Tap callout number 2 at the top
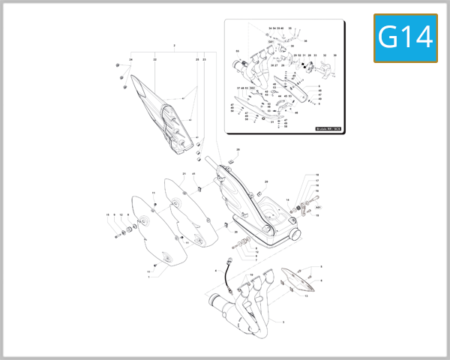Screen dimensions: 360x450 pyautogui.click(x=174, y=46)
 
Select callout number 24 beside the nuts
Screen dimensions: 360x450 pyautogui.click(x=130, y=59)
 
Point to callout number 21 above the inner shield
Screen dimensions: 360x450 pyautogui.click(x=184, y=174)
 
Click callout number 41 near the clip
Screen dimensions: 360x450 pyautogui.click(x=193, y=174)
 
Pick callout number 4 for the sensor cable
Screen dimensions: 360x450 pyautogui.click(x=215, y=269)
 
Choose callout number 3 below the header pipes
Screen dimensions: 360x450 pyautogui.click(x=283, y=322)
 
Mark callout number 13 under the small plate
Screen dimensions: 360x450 pyautogui.click(x=306, y=296)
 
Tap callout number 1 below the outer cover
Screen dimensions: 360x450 pyautogui.click(x=148, y=277)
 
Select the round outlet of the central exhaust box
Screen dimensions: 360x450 pyautogui.click(x=295, y=235)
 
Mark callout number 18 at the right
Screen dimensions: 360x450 pyautogui.click(x=317, y=175)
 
